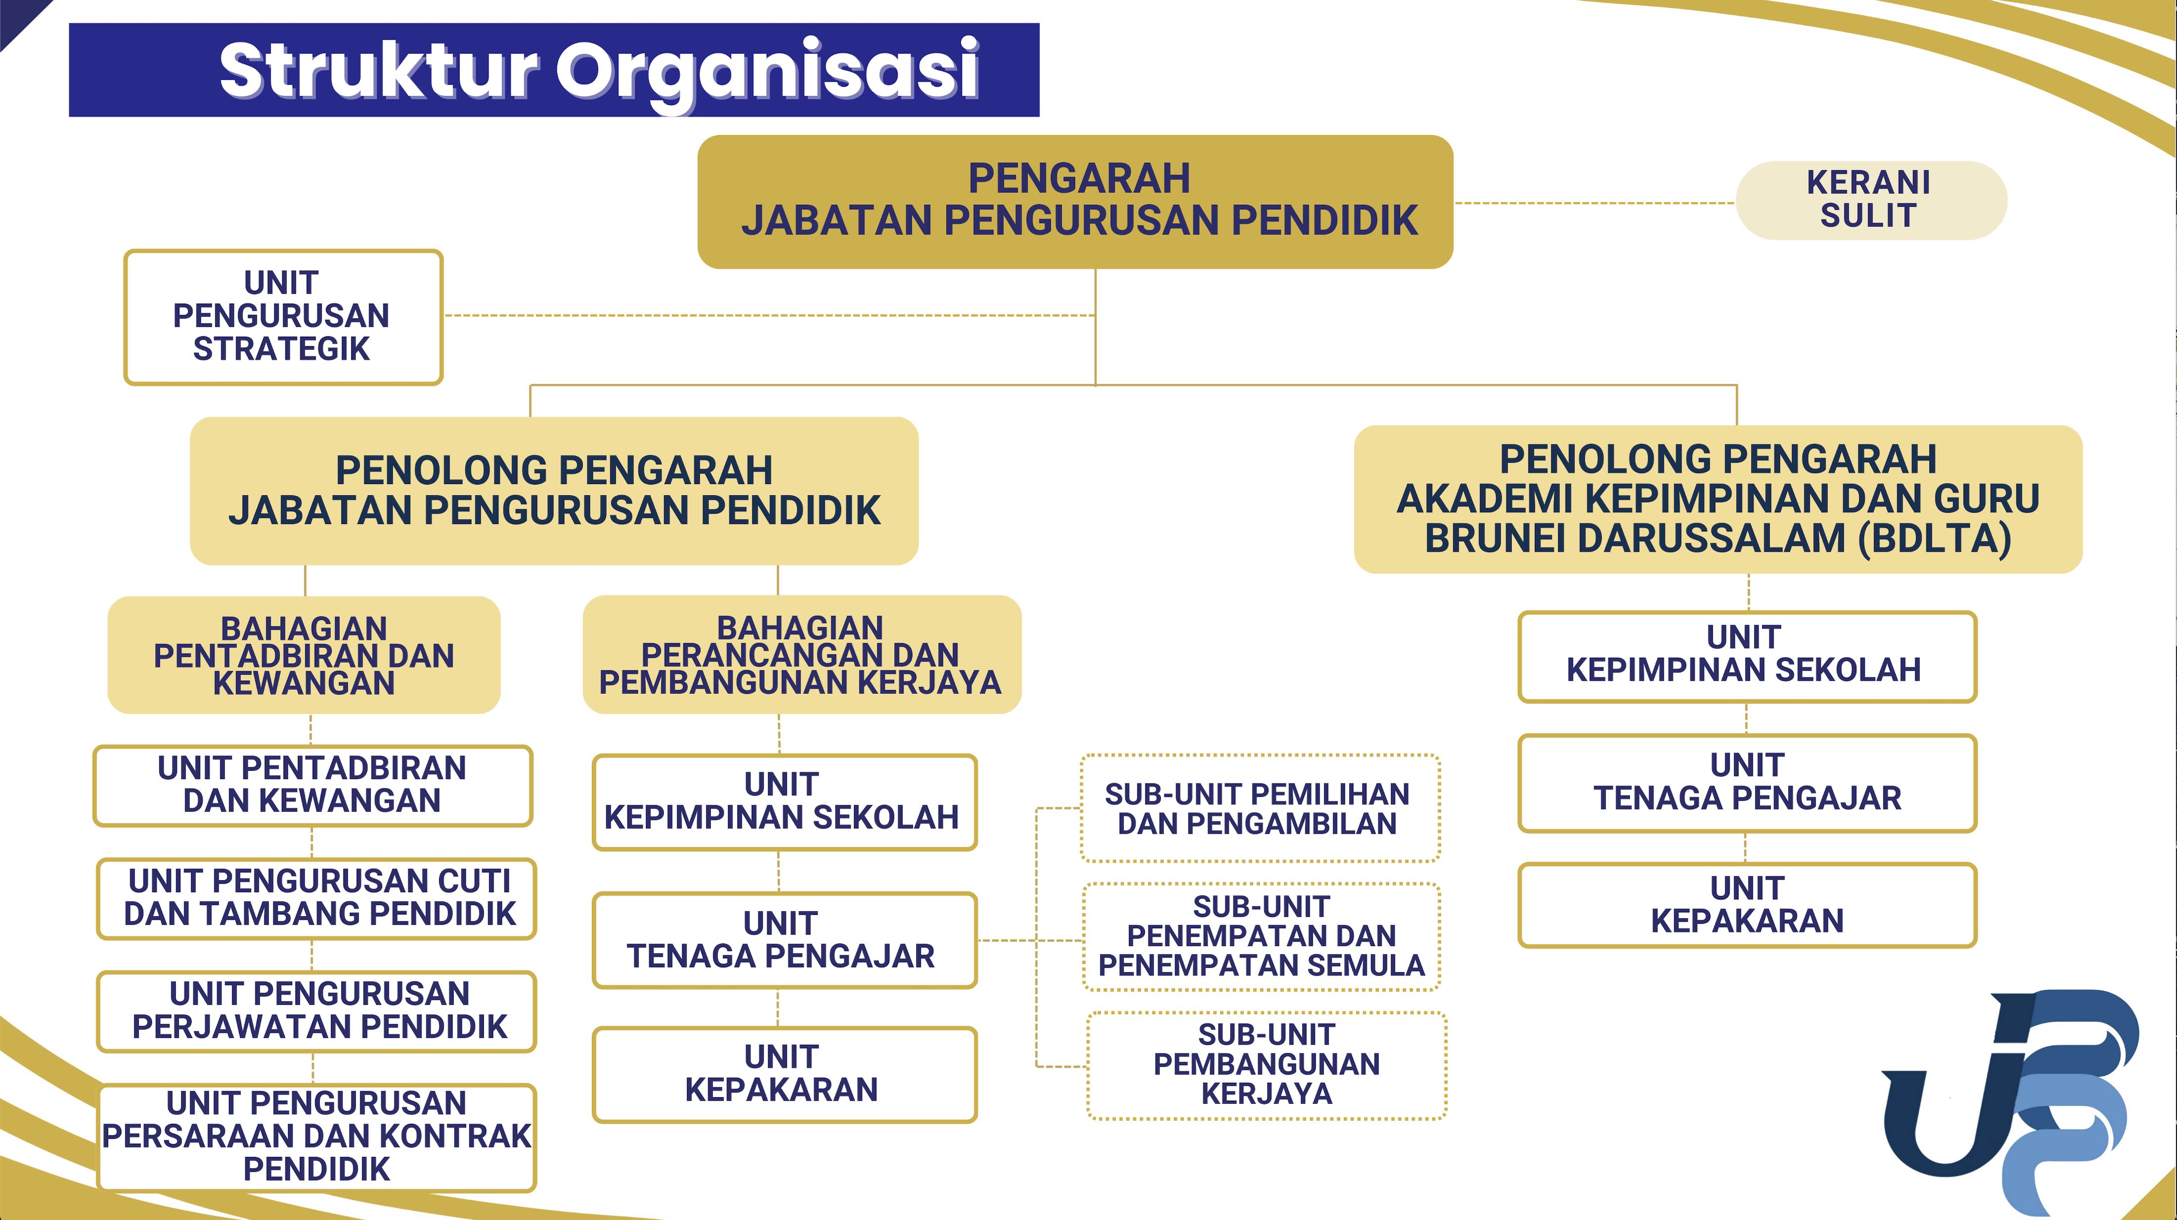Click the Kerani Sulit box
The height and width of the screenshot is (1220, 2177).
(x=1870, y=200)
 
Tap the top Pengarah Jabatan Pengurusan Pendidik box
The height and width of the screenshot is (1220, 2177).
(x=1075, y=201)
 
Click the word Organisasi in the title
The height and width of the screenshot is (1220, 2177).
(x=767, y=71)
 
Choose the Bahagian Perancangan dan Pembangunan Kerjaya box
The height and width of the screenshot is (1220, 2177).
(x=801, y=655)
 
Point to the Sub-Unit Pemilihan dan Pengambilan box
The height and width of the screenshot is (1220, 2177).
(x=1259, y=808)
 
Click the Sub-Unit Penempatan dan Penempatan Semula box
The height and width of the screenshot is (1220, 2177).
(x=1261, y=936)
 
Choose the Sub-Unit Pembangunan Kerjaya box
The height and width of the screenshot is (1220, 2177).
(x=1266, y=1065)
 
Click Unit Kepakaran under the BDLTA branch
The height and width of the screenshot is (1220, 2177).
(x=1747, y=905)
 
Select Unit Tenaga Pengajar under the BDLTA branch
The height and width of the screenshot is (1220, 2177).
(x=1747, y=782)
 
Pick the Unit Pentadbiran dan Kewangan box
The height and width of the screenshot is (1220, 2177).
(x=313, y=785)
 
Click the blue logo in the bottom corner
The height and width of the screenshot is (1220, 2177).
(x=2011, y=1098)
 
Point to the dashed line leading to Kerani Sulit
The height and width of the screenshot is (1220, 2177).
(x=1593, y=203)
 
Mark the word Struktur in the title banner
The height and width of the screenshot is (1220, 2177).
(x=378, y=71)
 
